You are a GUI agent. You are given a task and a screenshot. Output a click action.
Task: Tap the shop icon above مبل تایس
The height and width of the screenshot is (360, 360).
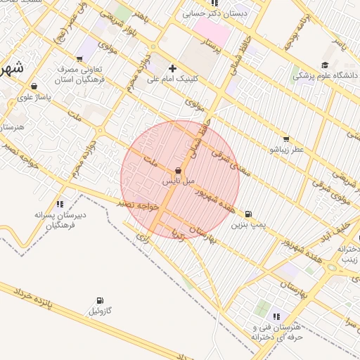(178, 171)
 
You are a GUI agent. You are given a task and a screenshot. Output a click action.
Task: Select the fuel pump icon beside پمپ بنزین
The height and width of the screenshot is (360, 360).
(248, 214)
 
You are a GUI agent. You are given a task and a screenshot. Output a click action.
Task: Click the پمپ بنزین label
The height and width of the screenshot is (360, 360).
(251, 224)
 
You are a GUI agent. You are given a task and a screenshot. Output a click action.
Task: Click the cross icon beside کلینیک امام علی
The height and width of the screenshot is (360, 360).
(172, 69)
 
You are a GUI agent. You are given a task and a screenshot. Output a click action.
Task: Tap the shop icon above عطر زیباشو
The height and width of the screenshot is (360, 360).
(285, 139)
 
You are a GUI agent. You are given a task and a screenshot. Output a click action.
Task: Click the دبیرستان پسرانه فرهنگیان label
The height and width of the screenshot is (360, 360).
(60, 220)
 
